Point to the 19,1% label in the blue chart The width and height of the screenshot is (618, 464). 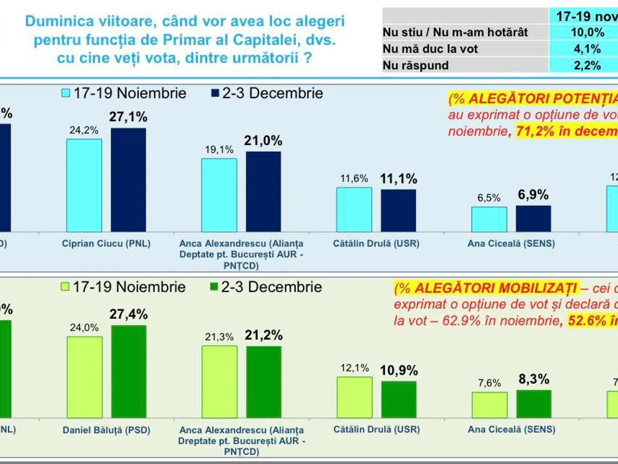[x=219, y=150]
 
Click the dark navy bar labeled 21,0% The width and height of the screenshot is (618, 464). [x=263, y=191]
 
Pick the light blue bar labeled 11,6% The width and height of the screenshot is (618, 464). [x=354, y=209]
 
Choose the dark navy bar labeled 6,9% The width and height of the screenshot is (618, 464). [x=533, y=219]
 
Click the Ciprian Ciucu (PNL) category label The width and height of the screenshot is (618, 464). [x=106, y=244]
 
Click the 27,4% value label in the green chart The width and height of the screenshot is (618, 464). [x=129, y=314]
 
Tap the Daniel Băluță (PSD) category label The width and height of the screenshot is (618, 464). [x=106, y=429]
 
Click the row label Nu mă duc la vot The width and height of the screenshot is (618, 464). [x=431, y=49]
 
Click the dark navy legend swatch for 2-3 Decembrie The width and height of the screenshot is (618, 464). [x=215, y=93]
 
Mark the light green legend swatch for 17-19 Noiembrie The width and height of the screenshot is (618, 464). [x=64, y=287]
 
